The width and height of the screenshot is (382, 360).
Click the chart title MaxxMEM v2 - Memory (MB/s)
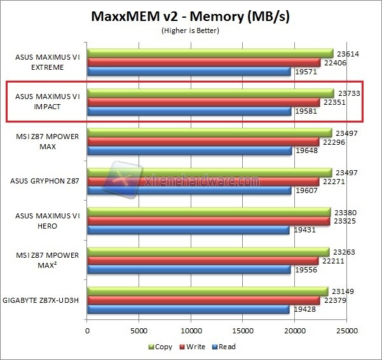191,15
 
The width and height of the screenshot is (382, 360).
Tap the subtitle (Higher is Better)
191,30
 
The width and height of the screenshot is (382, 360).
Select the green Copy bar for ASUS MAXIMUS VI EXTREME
210,53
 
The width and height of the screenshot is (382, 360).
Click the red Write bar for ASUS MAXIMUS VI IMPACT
203,102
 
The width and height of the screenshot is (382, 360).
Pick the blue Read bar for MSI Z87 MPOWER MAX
189,150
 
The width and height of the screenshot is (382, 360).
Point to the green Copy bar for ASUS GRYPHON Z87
210,173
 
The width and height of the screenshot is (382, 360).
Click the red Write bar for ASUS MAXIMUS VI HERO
208,221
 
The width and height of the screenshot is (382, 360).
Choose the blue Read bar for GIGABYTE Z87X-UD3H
188,309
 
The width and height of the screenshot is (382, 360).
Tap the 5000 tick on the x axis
139,331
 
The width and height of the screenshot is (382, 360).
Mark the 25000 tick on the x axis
346,331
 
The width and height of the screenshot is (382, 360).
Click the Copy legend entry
163,347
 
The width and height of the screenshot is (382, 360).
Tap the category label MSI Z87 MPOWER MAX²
48,260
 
